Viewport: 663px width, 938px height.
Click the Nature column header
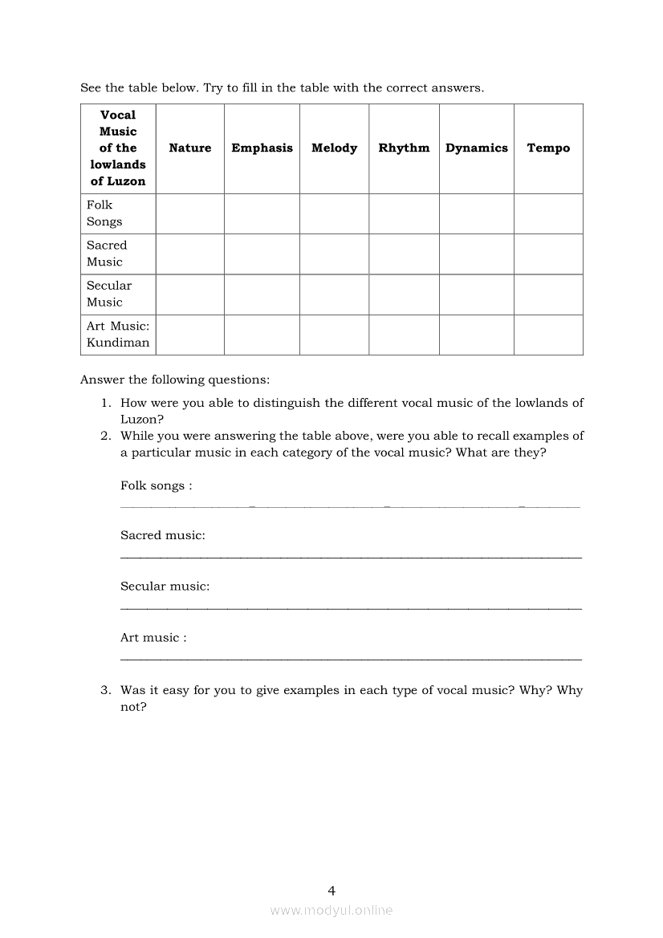[x=190, y=148]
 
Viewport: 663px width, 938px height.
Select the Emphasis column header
[x=262, y=148]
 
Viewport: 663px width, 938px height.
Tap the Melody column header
[x=334, y=148]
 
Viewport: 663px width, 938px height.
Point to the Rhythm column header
[x=404, y=148]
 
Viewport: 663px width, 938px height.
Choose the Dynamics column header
[x=476, y=148]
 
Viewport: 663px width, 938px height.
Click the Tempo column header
[x=548, y=148]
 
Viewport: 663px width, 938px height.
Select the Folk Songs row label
[x=105, y=213]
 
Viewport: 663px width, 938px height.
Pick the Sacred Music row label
[x=107, y=254]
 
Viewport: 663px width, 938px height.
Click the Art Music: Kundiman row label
[x=118, y=335]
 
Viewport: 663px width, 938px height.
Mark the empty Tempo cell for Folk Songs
[x=548, y=213]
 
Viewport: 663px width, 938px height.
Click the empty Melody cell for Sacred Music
[x=334, y=254]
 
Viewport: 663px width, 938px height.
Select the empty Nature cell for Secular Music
[x=190, y=294]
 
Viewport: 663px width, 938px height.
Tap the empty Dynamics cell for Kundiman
[x=476, y=335]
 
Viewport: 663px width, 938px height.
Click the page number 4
[x=331, y=890]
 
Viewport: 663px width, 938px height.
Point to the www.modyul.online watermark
[x=331, y=910]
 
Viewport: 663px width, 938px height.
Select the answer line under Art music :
[x=351, y=660]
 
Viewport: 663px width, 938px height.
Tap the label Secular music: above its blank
[x=165, y=586]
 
